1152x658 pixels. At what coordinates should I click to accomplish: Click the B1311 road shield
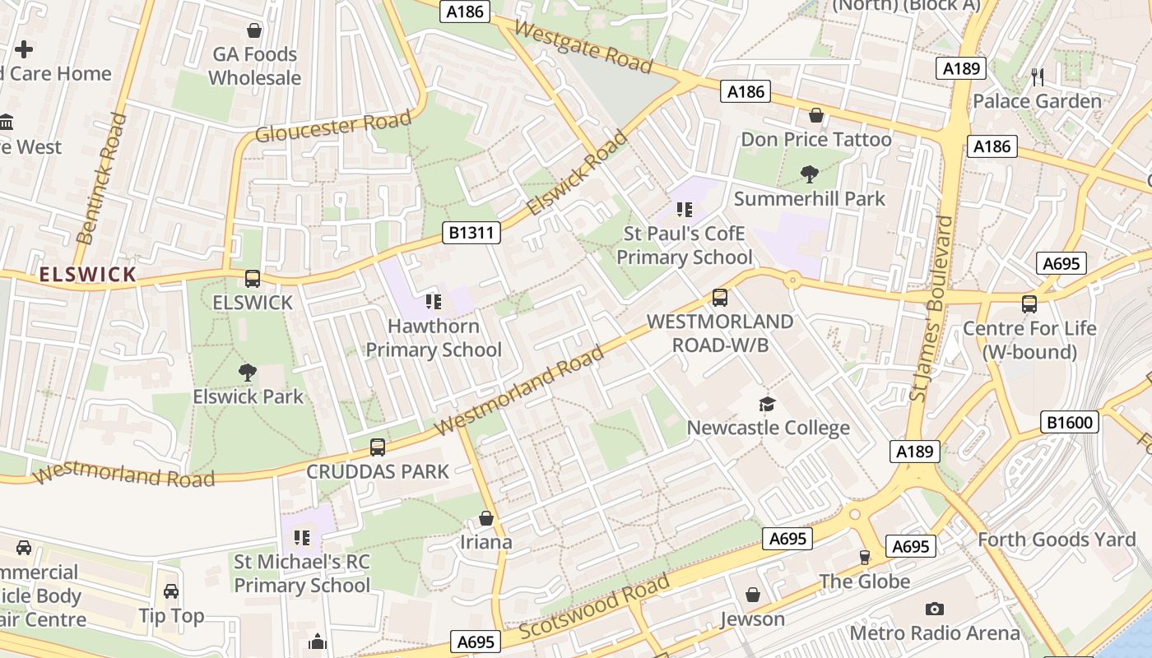click(472, 233)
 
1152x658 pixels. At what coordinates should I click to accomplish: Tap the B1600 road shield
click(1070, 423)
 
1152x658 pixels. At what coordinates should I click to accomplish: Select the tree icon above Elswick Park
click(247, 373)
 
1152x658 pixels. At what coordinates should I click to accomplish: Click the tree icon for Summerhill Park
click(810, 174)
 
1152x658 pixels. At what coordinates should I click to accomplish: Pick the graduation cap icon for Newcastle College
click(767, 404)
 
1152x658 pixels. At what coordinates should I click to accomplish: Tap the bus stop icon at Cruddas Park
click(378, 447)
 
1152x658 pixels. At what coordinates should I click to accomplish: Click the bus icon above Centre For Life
click(1029, 304)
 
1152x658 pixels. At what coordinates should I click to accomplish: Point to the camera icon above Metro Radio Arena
click(934, 609)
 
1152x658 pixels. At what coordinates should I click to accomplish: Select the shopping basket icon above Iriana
click(486, 518)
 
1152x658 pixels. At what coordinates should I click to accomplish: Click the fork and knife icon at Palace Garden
click(1037, 77)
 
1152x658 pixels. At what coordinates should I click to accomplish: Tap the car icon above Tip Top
click(171, 591)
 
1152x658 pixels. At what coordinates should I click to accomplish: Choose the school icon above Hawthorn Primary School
click(433, 302)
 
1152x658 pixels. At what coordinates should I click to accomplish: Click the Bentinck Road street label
click(102, 179)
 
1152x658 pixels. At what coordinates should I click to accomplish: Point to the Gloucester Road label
click(332, 127)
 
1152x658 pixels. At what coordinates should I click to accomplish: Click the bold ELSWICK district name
click(87, 275)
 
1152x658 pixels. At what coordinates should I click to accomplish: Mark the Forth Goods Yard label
click(1057, 540)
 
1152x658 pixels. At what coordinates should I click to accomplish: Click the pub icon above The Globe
click(864, 557)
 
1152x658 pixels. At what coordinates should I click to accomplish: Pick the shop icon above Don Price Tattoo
click(816, 115)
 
